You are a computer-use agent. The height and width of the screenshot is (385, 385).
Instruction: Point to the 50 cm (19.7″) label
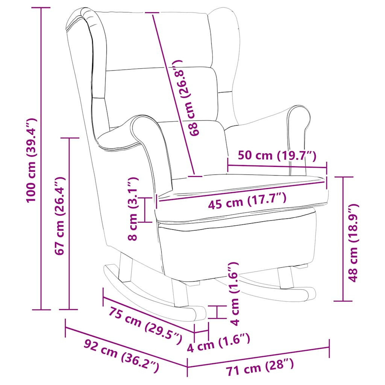point(277,155)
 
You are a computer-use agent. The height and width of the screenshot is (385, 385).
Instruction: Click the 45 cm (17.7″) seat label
point(247,201)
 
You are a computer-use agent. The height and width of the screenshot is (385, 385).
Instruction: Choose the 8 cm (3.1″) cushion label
point(133,209)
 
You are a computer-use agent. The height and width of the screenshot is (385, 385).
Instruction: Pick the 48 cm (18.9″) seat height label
point(353,243)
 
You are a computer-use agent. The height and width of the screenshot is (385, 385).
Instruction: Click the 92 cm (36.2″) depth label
point(121,356)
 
